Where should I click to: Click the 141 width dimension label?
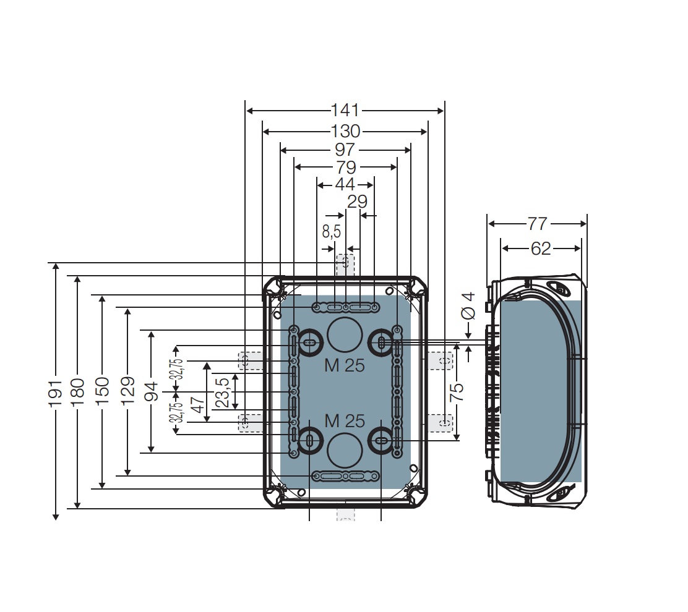(x=345, y=111)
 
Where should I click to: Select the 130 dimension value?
(x=345, y=131)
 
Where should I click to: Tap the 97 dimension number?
(x=345, y=150)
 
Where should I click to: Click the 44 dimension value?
(x=345, y=184)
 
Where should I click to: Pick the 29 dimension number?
(x=357, y=202)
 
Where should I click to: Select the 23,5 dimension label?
(x=222, y=392)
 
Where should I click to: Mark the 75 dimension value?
(x=456, y=392)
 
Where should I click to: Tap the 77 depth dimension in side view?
(x=537, y=223)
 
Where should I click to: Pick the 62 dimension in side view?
(x=540, y=248)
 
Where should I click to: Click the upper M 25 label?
(x=344, y=365)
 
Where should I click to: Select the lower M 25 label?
(x=344, y=421)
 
